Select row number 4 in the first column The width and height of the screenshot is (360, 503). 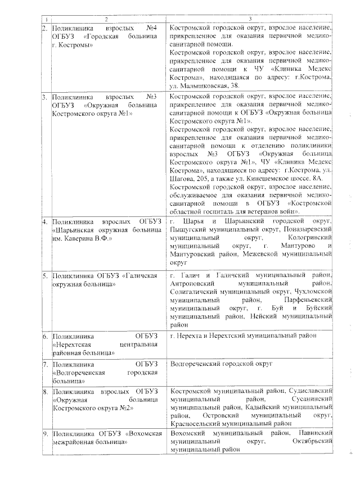[44, 222]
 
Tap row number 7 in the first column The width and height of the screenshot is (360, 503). [44, 364]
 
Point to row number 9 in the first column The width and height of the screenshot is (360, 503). [44, 434]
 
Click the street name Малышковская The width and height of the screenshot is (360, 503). [204, 85]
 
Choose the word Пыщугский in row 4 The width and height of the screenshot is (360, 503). [186, 230]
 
